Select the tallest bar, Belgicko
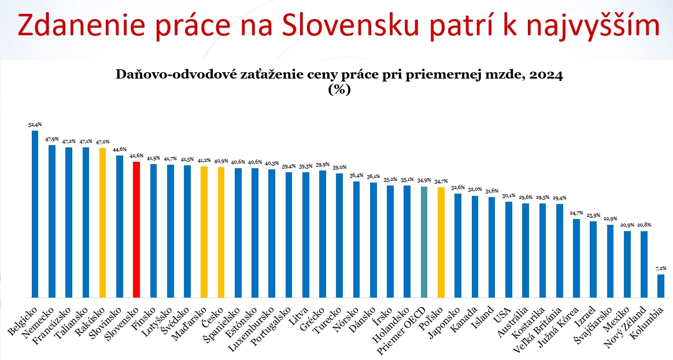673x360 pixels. point(35,213)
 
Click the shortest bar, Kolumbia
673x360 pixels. point(661,285)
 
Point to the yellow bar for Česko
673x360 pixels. point(221,232)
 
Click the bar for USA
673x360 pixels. point(508,249)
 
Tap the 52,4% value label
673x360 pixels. point(35,124)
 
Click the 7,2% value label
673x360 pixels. point(661,268)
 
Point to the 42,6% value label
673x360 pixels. point(136,155)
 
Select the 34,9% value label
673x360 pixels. point(424,180)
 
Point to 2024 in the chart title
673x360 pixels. point(546,75)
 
